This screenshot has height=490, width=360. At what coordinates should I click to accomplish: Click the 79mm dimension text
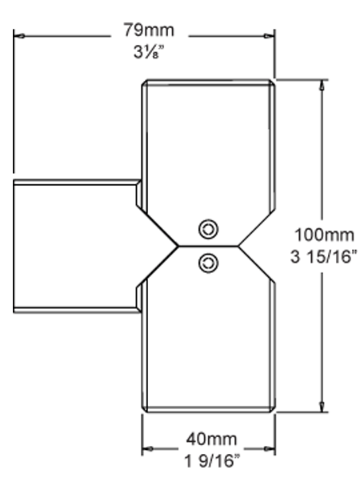(x=149, y=30)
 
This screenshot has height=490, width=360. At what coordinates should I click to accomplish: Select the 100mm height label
(x=324, y=235)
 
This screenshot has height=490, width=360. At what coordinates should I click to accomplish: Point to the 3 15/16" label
(x=323, y=257)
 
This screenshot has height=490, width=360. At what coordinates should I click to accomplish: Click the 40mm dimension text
(x=211, y=439)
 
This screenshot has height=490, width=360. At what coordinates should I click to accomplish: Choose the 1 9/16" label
(x=212, y=460)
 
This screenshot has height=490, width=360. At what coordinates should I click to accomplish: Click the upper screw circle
(x=208, y=229)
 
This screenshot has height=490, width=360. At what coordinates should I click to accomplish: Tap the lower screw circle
(x=208, y=263)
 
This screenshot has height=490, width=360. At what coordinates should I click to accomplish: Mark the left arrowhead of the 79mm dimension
(x=19, y=36)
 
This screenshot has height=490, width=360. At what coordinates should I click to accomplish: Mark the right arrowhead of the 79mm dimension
(x=269, y=36)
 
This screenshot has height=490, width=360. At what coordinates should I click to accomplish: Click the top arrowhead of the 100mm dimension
(x=322, y=85)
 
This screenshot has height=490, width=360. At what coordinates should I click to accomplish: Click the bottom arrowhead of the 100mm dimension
(x=322, y=406)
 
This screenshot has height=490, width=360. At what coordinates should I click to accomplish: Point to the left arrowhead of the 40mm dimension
(x=148, y=448)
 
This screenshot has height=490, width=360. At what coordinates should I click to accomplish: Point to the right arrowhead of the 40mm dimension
(x=269, y=448)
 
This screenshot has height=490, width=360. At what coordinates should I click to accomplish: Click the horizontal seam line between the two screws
(x=208, y=247)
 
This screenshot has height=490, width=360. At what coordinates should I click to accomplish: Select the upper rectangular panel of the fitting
(x=208, y=147)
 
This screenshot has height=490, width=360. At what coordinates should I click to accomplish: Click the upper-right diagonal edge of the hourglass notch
(x=257, y=228)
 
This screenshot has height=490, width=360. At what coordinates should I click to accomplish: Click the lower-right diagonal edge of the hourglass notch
(x=257, y=264)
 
